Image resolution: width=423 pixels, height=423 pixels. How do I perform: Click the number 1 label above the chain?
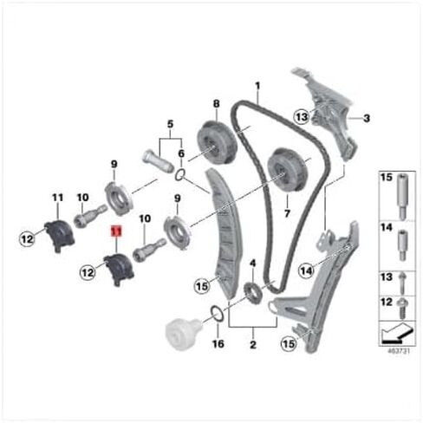pos(257,86)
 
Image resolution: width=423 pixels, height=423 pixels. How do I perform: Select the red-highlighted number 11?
pos(114,231)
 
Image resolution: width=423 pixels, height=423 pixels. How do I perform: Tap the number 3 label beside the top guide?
pos(366,118)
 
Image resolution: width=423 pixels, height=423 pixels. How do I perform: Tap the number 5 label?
pos(170,123)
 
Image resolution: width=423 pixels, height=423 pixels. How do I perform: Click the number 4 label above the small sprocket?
pos(251,262)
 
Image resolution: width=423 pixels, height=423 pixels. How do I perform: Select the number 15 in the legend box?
pos(387,177)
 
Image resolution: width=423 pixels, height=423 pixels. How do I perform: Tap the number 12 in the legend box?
pos(387,301)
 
